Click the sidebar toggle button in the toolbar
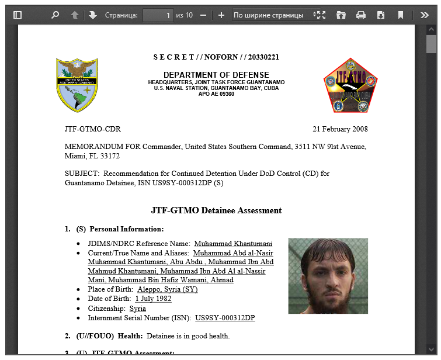(17, 15)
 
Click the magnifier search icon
(55, 15)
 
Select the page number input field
(158, 15)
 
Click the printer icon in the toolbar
(361, 15)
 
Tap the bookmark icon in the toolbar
(401, 15)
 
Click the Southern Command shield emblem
(77, 85)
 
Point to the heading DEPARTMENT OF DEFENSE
(216, 75)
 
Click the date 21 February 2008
(340, 129)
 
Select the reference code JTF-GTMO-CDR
(93, 129)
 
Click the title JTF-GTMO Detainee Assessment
(216, 210)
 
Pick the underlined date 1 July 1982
(153, 299)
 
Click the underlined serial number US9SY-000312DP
(225, 318)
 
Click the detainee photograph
(328, 276)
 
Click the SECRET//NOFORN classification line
(216, 57)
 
